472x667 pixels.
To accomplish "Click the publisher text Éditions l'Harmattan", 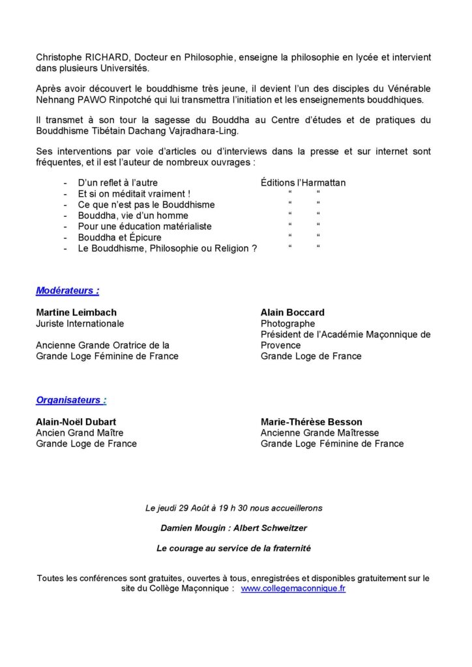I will (x=302, y=183).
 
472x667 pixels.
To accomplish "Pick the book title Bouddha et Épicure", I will (x=119, y=237).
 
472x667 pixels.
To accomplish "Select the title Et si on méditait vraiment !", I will (x=134, y=194).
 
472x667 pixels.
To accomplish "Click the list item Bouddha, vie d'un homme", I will (x=133, y=216).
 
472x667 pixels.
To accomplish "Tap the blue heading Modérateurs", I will (x=68, y=291).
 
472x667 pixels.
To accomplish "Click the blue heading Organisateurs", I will (x=71, y=399).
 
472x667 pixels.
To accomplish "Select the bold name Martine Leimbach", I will (x=76, y=313).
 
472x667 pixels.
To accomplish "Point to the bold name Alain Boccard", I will (x=292, y=313).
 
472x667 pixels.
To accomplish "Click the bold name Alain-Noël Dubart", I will (x=77, y=421).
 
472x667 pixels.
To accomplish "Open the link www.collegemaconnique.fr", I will (x=293, y=589).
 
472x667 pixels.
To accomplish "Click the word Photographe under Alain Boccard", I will (x=288, y=324).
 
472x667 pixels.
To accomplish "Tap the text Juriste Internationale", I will (x=80, y=324).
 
